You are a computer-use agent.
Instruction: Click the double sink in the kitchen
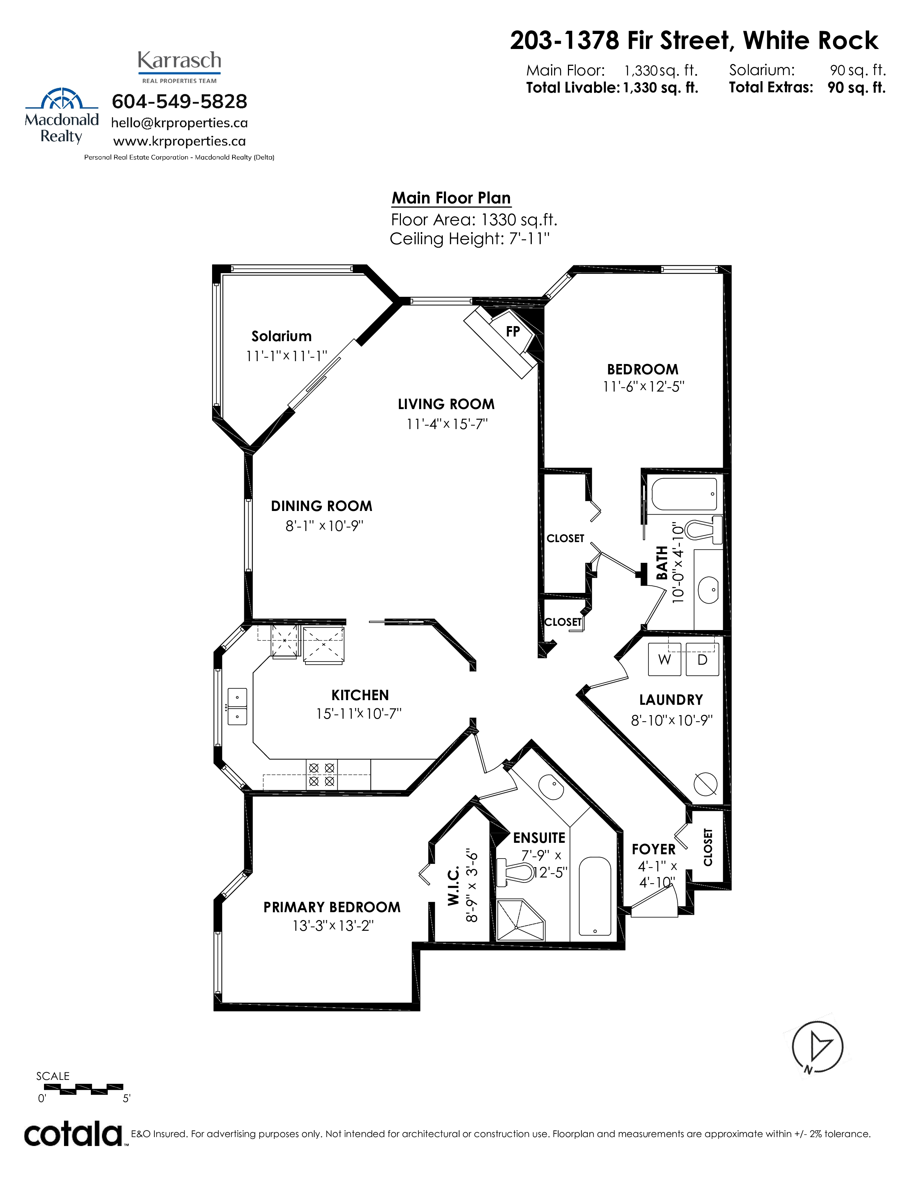pos(237,706)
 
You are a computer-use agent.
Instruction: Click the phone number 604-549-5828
pos(180,101)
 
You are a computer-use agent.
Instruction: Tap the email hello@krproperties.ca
pos(180,123)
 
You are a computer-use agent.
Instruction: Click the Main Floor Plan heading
pos(451,198)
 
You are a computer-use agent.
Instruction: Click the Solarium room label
pos(281,336)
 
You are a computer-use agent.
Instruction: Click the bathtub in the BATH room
pos(684,494)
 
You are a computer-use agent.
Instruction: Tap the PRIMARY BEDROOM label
pos(332,907)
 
